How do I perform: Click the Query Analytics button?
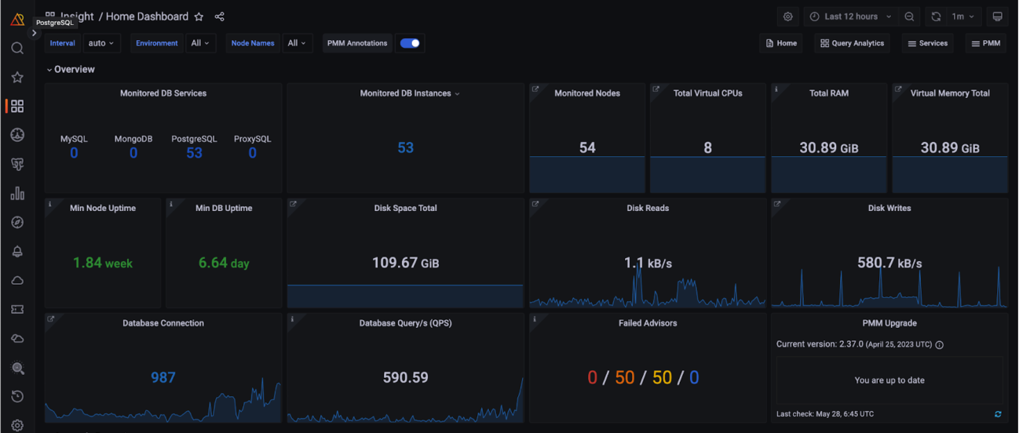(852, 43)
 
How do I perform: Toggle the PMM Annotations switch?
(410, 43)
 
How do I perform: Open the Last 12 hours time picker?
(851, 16)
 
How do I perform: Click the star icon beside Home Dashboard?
(199, 16)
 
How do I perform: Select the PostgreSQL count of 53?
(194, 153)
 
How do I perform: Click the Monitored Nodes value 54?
(587, 147)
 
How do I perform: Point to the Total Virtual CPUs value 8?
(708, 147)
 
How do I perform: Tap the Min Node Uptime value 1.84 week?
(103, 263)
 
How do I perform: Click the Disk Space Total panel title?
(405, 208)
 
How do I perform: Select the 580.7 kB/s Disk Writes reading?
(889, 263)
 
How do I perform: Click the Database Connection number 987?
(163, 377)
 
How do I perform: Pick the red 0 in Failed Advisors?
(592, 377)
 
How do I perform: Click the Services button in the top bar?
(928, 43)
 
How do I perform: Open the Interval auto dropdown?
(101, 43)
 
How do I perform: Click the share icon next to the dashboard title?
(219, 16)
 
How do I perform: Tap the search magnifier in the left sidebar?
(17, 48)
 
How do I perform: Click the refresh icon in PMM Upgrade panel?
(998, 414)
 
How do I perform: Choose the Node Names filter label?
(253, 43)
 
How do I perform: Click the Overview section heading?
(74, 70)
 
